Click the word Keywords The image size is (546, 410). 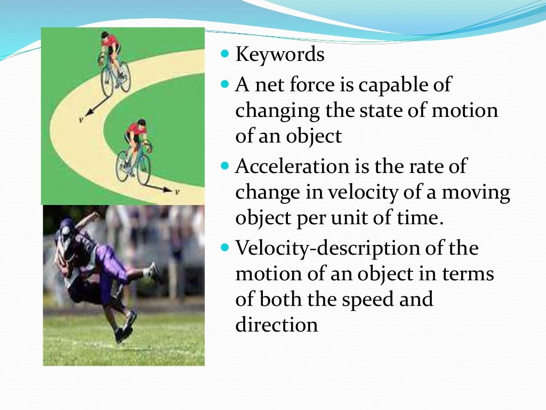tap(280, 55)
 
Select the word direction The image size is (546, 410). tap(277, 325)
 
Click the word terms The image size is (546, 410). tap(468, 274)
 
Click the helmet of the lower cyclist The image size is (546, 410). tap(141, 123)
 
